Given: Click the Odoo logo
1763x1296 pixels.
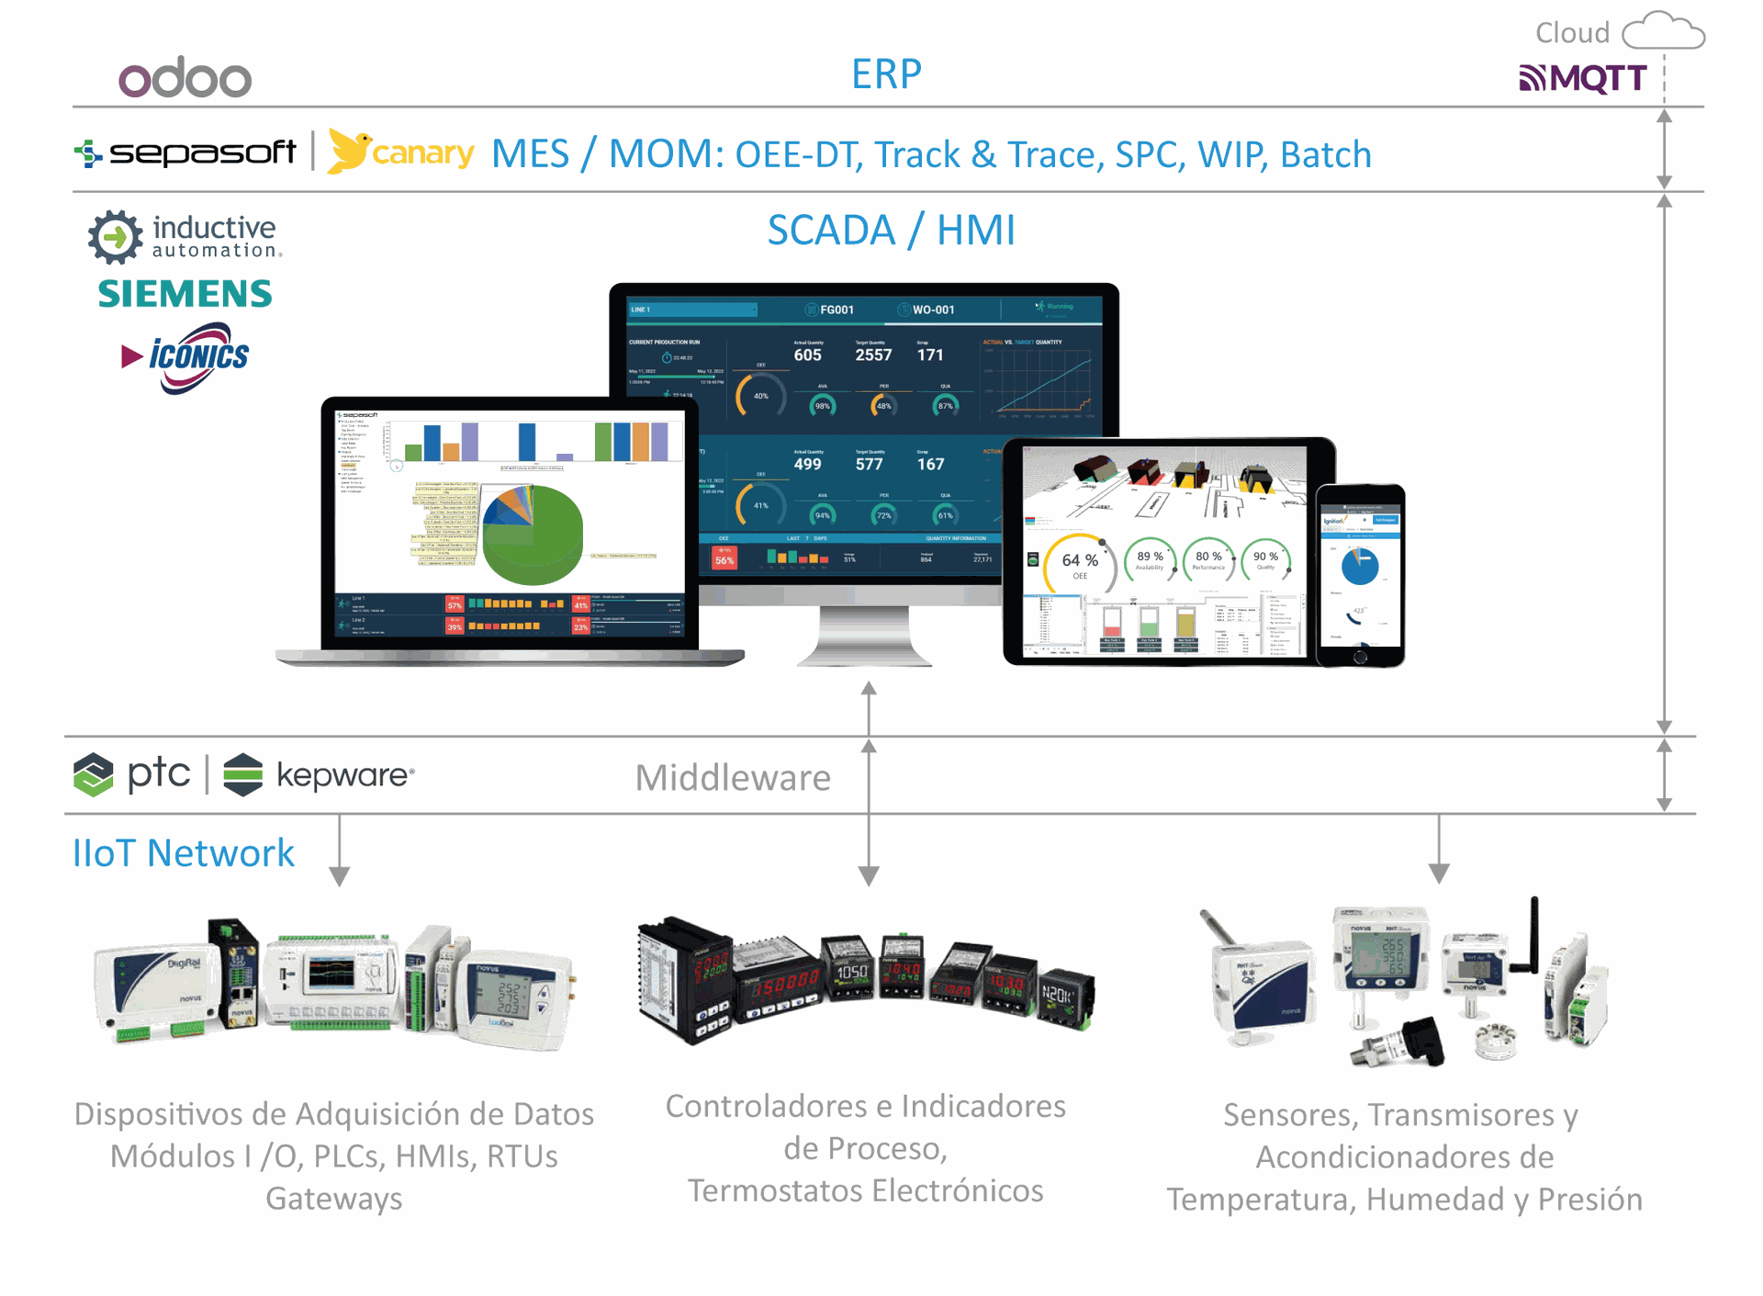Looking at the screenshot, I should [x=185, y=78].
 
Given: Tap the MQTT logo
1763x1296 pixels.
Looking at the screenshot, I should [x=1582, y=78].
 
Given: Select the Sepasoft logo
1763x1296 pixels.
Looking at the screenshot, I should [x=186, y=152].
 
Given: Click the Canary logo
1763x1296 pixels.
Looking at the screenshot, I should [x=401, y=152].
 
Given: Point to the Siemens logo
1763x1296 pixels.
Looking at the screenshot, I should [x=185, y=294].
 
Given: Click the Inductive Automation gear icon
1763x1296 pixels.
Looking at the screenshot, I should [x=115, y=237].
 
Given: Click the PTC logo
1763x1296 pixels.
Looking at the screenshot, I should [x=132, y=774].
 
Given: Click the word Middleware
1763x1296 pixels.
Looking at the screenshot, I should [x=733, y=778].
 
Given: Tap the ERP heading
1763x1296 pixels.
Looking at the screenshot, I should [x=886, y=74].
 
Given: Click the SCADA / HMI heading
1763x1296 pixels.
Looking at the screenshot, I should [x=891, y=230].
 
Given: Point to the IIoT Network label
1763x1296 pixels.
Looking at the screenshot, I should [x=184, y=853].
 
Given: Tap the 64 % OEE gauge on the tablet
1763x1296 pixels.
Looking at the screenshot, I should [x=1080, y=562].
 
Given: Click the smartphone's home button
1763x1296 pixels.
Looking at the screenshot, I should [x=1360, y=657].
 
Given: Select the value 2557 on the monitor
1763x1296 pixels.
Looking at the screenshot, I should [x=873, y=355].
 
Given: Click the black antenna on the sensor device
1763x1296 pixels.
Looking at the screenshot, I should [x=1533, y=932].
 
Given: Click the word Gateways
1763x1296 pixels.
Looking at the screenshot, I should [x=334, y=1199].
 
